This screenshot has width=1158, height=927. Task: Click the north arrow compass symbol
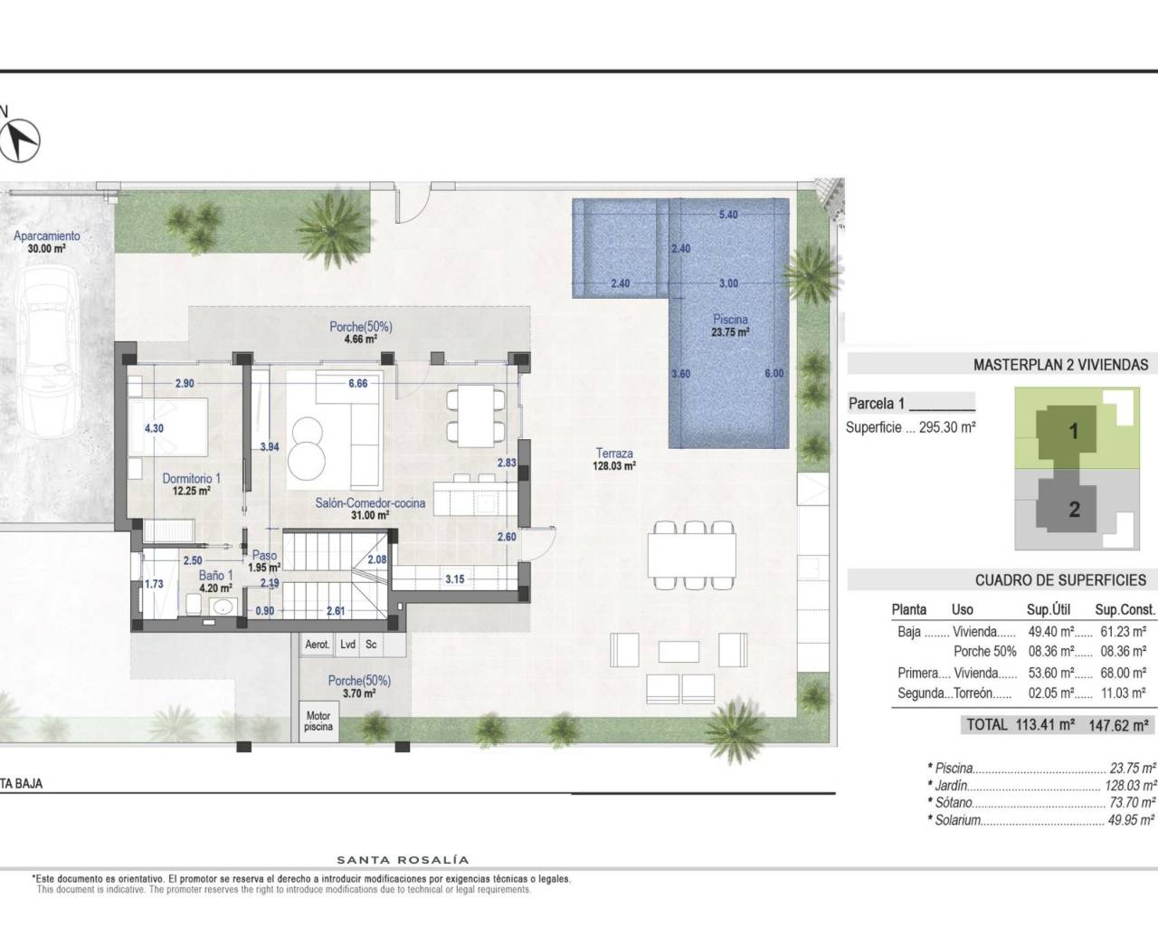(24, 139)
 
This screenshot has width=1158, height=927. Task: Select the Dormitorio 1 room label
(191, 479)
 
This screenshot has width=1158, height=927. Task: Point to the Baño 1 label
(216, 574)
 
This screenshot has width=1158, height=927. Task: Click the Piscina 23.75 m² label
(730, 325)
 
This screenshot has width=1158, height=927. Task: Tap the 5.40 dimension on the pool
(727, 215)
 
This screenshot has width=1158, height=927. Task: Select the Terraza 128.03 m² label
(614, 460)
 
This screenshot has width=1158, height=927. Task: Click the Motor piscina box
(318, 721)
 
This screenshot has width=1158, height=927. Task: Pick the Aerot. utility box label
(317, 645)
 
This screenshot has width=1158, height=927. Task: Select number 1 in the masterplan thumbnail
(1074, 431)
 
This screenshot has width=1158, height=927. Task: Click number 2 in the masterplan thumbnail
(1074, 509)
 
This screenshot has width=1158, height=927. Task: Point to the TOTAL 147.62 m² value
(1121, 724)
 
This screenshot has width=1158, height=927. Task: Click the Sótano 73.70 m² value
(1132, 803)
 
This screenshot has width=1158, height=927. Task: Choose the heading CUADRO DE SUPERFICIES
(1060, 580)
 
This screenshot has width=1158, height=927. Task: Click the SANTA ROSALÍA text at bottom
(403, 860)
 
